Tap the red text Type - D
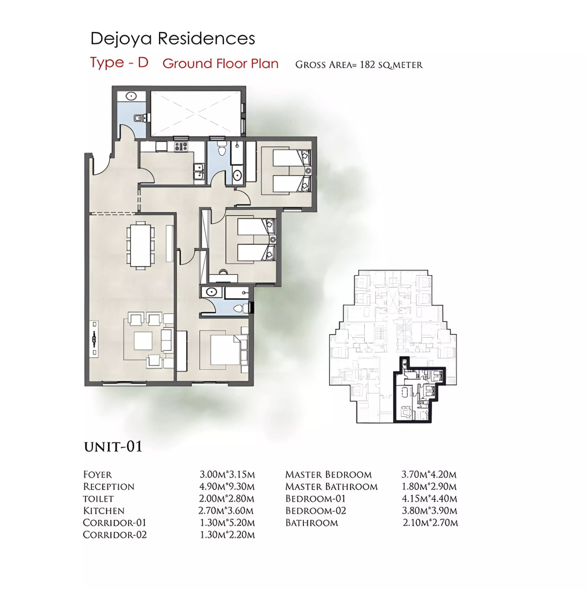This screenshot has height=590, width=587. pyautogui.click(x=119, y=63)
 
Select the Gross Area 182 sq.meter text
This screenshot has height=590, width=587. pyautogui.click(x=359, y=65)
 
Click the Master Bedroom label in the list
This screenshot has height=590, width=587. pyautogui.click(x=328, y=475)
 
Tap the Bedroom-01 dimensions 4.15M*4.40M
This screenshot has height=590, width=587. pyautogui.click(x=429, y=499)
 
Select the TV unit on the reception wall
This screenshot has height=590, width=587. pyautogui.click(x=94, y=338)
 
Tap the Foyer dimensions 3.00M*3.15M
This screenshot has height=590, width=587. pyautogui.click(x=227, y=475)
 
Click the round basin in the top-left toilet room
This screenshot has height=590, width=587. pyautogui.click(x=131, y=96)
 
